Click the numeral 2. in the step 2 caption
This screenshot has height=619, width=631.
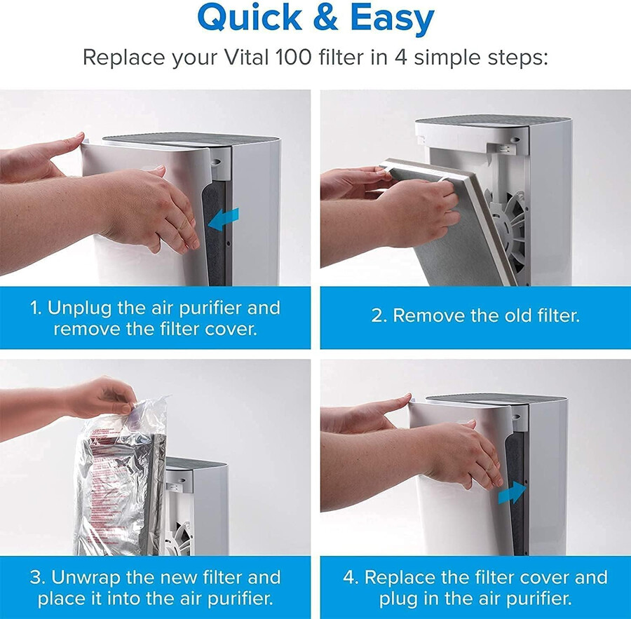(x=379, y=315)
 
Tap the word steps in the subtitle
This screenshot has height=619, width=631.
(x=515, y=57)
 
